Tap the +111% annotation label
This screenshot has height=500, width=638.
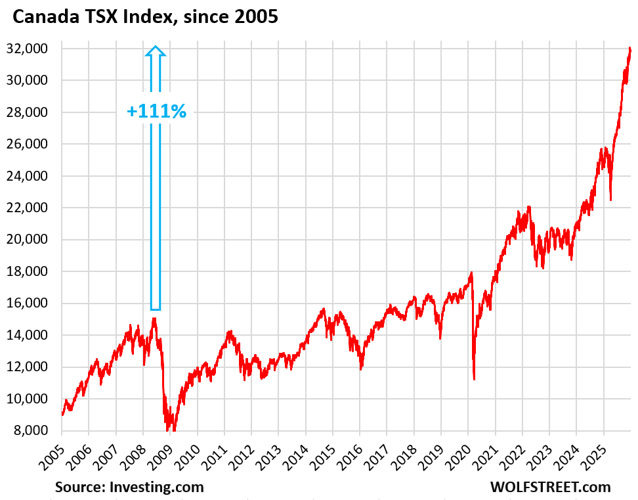click(156, 111)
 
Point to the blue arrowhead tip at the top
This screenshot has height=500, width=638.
click(155, 47)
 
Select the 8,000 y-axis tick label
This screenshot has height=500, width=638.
click(34, 431)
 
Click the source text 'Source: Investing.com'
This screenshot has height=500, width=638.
click(129, 487)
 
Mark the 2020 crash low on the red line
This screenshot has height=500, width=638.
click(474, 378)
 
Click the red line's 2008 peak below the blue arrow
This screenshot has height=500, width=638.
click(154, 319)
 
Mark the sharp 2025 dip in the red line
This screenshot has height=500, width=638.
click(611, 199)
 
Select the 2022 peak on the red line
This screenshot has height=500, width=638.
click(529, 207)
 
